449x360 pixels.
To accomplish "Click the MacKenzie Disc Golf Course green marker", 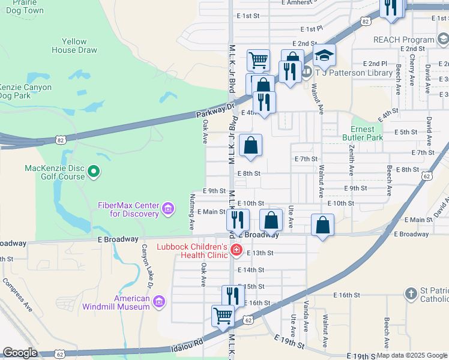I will tap(93, 172).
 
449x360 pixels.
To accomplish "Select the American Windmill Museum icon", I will tap(159, 303).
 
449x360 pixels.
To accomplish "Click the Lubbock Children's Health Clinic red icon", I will tap(237, 250).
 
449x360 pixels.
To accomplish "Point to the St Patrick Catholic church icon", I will tap(411, 294).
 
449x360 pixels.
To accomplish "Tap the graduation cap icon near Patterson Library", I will tap(324, 56).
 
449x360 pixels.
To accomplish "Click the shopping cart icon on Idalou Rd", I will tap(223, 315).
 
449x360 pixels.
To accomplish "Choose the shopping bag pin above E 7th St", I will tap(251, 145).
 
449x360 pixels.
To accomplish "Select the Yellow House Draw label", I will tap(74, 46).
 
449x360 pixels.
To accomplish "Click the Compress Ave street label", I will tap(17, 295).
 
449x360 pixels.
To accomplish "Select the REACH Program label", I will tap(403, 40).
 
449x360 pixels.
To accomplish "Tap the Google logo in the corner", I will tap(20, 353).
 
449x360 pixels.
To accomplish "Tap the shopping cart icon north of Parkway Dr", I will tap(258, 59).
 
